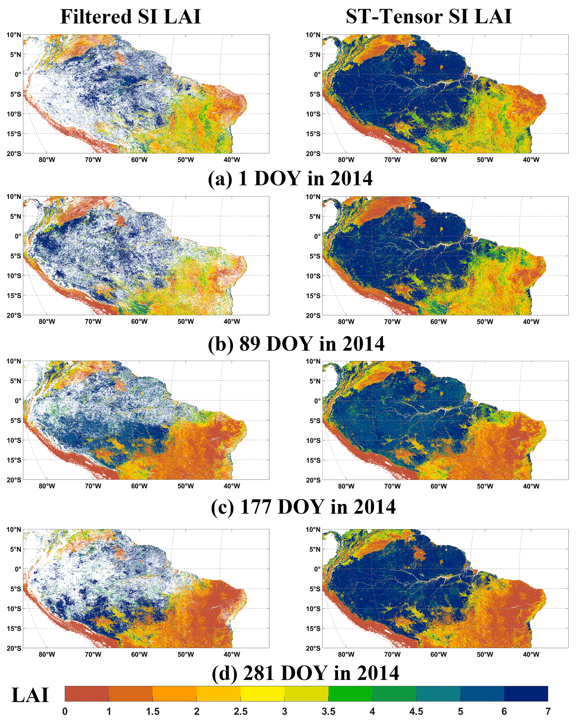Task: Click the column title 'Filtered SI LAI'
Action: click(130, 17)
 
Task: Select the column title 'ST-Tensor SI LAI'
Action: click(429, 17)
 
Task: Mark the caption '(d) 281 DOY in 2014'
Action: click(305, 673)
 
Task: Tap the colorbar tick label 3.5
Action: click(328, 711)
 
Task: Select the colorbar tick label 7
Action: click(548, 711)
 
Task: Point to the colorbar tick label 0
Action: click(65, 711)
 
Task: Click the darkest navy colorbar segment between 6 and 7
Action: click(526, 694)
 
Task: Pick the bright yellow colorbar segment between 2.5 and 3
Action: click(263, 694)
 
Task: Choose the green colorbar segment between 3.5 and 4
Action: click(350, 694)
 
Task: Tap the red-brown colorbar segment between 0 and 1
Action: click(87, 694)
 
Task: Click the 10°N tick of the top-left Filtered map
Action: click(14, 35)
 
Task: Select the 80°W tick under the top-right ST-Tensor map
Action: click(346, 160)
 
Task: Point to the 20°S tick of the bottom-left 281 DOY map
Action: click(14, 649)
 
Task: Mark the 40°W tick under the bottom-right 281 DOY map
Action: click(531, 654)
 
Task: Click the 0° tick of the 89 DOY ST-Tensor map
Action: click(317, 236)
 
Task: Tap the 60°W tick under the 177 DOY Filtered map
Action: click(139, 486)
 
